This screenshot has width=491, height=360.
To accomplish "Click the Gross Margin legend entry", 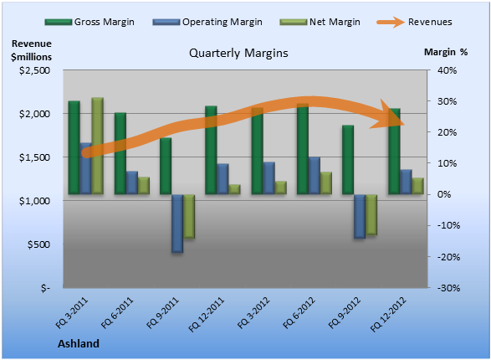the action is tap(90, 22).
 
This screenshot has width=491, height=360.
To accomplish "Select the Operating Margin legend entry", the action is tap(207, 22).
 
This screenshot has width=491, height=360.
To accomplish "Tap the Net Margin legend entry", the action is tap(320, 22).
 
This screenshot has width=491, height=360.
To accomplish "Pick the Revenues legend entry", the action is tap(414, 22).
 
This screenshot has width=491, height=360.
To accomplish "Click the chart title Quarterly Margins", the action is tap(238, 53).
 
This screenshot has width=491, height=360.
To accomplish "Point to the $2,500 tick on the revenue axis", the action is tap(34, 70).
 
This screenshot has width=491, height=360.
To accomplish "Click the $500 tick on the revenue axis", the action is tap(38, 244).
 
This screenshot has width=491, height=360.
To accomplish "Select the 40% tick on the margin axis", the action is tap(448, 70).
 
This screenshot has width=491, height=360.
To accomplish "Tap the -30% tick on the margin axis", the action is tap(448, 288).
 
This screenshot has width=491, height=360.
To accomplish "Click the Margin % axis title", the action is tap(446, 52).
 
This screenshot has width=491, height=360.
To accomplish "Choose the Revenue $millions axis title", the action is tap(31, 50).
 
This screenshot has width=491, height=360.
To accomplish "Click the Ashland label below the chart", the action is tap(79, 344).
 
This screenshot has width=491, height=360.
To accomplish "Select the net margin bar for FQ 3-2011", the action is tap(97, 146).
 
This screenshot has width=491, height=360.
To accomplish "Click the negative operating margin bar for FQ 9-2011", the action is tap(177, 224).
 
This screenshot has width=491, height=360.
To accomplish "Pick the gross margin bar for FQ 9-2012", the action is tap(348, 160).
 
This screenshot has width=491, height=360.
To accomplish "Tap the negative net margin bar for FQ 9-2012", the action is tap(371, 214).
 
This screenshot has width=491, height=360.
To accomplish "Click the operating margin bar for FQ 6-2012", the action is tap(314, 176).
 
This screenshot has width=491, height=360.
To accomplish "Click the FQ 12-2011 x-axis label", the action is tap(207, 315).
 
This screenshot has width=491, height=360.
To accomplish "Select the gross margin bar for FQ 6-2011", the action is tap(120, 153).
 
